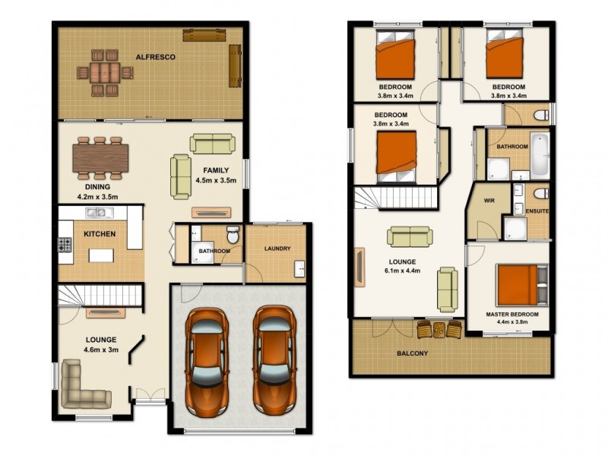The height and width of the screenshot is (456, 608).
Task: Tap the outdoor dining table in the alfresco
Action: [x=105, y=73]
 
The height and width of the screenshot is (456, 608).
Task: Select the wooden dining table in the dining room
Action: [x=101, y=159]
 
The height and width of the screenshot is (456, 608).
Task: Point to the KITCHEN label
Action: [x=100, y=234]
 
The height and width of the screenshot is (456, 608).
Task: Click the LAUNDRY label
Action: [x=277, y=249]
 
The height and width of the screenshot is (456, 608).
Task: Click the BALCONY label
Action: [x=413, y=353]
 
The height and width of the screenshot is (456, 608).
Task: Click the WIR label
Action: [x=489, y=201]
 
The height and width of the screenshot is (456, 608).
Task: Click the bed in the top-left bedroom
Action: [x=396, y=58]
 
